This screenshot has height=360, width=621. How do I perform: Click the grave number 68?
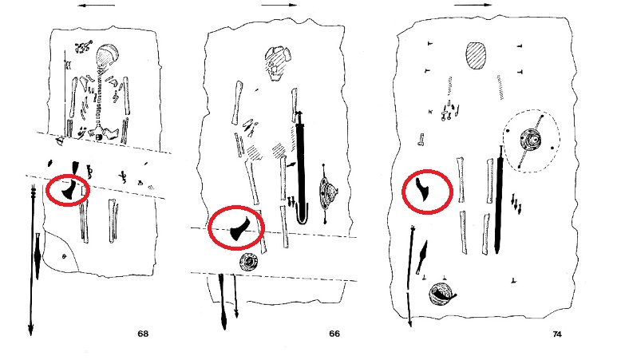point(143,334)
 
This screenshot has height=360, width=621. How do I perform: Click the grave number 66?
point(334,334)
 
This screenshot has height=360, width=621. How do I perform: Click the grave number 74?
point(557,334)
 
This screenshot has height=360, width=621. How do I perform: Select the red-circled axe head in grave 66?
point(238,231)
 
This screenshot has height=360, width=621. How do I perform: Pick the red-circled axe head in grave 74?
point(423,188)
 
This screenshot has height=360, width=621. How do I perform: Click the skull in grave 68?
point(107,55)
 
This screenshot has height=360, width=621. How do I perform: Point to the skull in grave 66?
point(277,62)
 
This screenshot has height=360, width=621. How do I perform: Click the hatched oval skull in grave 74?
point(476,56)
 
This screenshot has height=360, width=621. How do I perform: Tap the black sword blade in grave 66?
point(301,166)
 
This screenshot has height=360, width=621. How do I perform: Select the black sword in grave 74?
point(499,200)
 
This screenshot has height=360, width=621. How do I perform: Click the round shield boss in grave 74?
point(531,140)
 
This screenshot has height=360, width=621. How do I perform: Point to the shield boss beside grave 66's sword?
point(327,193)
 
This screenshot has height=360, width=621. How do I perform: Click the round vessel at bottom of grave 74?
point(441,295)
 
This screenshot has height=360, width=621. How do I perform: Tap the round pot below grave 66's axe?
point(249,261)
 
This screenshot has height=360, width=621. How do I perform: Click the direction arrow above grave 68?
point(97,6)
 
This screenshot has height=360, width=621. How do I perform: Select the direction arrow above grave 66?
point(279,6)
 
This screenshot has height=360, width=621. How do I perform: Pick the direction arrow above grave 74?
point(473,6)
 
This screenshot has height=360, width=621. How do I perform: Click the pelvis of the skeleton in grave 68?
point(105,133)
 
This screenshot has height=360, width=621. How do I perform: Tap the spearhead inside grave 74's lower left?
point(421,257)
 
